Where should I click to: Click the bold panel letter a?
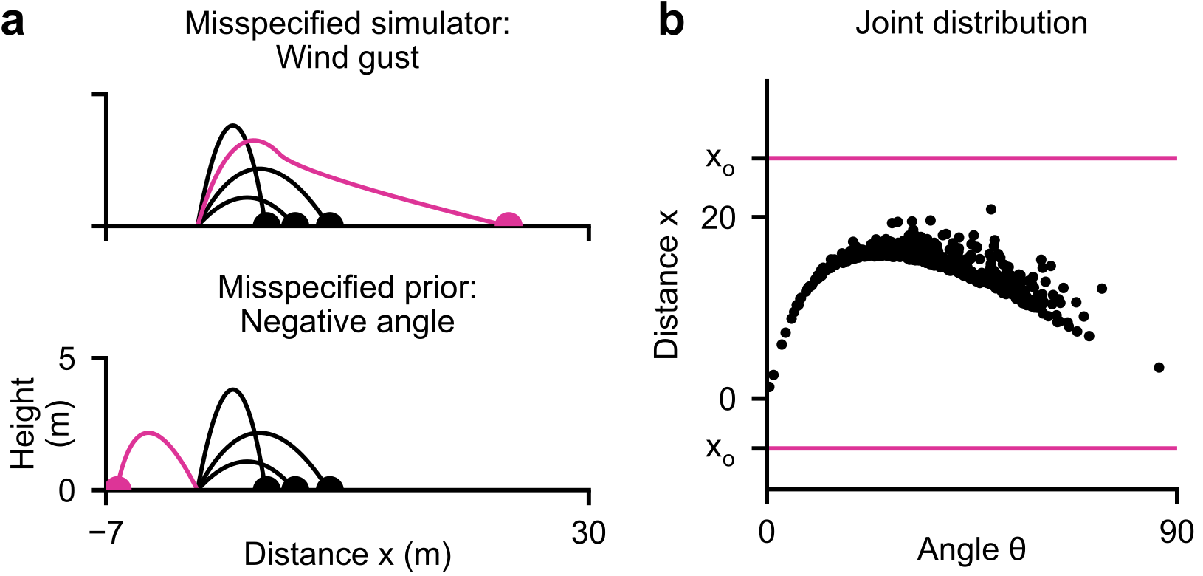pyautogui.click(x=13, y=24)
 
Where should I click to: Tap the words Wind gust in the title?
pyautogui.click(x=348, y=58)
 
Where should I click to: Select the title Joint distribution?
pyautogui.click(x=971, y=23)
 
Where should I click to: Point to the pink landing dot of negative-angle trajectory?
pyautogui.click(x=118, y=485)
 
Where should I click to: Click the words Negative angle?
pyautogui.click(x=347, y=322)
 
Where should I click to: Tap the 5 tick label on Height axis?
pyautogui.click(x=68, y=360)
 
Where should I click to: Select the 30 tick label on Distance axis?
pyautogui.click(x=588, y=533)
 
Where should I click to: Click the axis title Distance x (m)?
pyautogui.click(x=347, y=555)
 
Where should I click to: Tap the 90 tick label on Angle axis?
pyautogui.click(x=1176, y=532)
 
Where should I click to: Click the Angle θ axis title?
pyautogui.click(x=971, y=550)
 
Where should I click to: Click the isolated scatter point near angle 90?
pyautogui.click(x=1159, y=367)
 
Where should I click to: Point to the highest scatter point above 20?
pyautogui.click(x=991, y=209)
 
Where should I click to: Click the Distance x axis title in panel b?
pyautogui.click(x=667, y=295)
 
